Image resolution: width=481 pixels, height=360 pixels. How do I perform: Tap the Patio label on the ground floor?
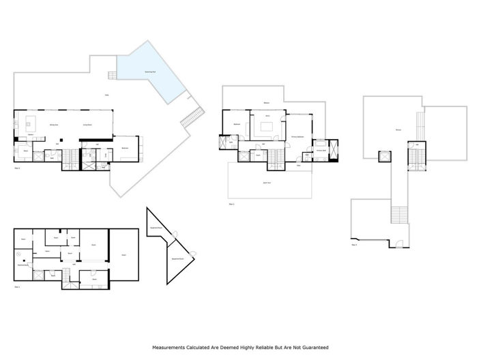(x=106, y=95)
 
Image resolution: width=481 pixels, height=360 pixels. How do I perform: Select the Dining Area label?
(x=54, y=125)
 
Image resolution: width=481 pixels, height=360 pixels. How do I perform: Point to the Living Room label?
(x=87, y=125)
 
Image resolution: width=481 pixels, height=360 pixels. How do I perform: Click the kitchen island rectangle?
(x=31, y=123)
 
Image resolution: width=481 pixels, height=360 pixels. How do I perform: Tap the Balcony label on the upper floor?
(x=266, y=104)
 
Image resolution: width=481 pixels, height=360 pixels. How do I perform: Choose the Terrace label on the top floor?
(x=398, y=130)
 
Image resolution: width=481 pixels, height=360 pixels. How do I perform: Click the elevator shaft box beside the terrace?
(x=383, y=155)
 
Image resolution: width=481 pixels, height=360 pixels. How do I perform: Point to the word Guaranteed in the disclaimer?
(x=313, y=347)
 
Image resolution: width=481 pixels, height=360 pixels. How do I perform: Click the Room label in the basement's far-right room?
(x=123, y=255)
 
